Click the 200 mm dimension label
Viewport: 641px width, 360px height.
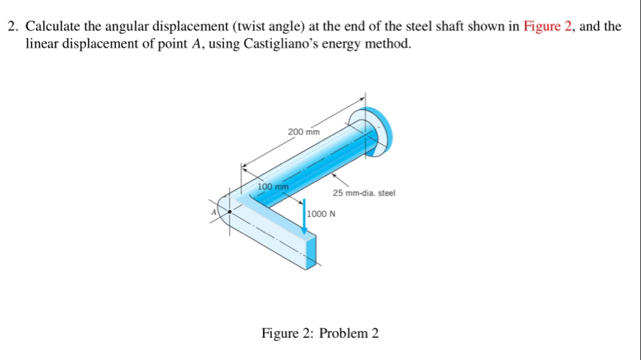304,132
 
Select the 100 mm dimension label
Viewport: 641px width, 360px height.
272,187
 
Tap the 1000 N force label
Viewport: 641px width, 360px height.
321,214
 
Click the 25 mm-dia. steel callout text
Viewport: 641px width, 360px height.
363,193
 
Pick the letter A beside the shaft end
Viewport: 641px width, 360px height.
215,211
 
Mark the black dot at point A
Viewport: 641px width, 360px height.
230,211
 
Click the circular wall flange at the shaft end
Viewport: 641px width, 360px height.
375,130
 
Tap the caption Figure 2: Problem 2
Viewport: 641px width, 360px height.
320,334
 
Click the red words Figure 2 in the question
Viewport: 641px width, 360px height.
548,27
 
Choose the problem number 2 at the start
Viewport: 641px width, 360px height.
12,27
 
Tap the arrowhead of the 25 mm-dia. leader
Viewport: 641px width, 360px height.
334,175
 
